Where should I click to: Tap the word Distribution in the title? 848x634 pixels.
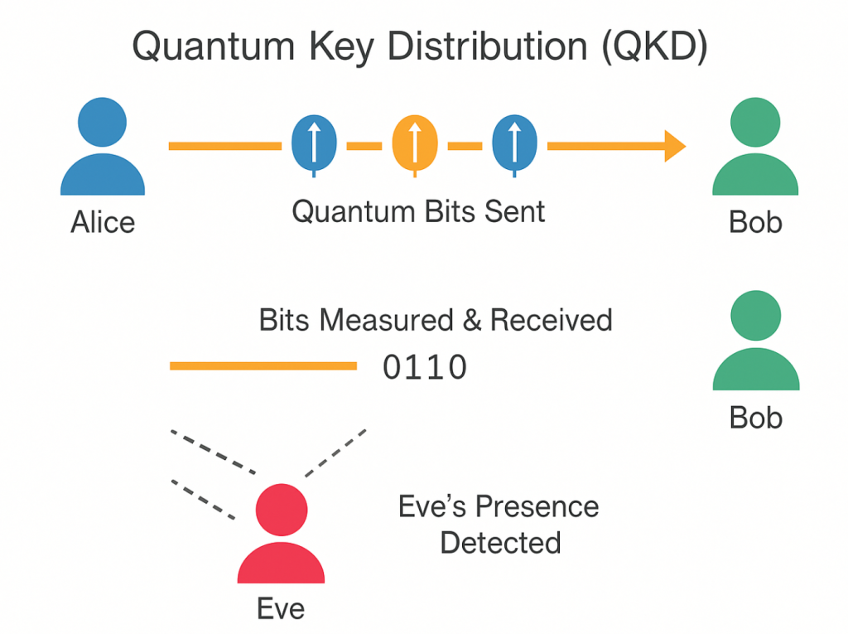click(x=487, y=46)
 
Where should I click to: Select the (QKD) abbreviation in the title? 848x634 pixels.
click(x=654, y=47)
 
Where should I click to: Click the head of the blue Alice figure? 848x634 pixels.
click(x=102, y=122)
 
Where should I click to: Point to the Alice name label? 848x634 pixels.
click(x=103, y=222)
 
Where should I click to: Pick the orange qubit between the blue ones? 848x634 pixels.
click(x=415, y=145)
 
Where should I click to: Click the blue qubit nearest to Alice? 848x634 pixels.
click(x=314, y=145)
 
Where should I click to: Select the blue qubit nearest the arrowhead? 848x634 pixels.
click(x=514, y=145)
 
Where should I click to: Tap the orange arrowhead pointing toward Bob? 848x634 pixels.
click(x=675, y=146)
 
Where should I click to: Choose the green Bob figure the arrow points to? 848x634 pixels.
click(x=755, y=146)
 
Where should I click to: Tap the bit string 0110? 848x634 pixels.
click(x=425, y=367)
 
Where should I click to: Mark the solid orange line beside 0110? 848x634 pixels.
click(x=263, y=366)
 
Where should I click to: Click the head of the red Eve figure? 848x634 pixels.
click(x=282, y=510)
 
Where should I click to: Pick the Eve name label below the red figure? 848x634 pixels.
click(x=281, y=608)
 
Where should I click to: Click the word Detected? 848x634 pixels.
click(x=500, y=543)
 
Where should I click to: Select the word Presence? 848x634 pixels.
click(x=537, y=506)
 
